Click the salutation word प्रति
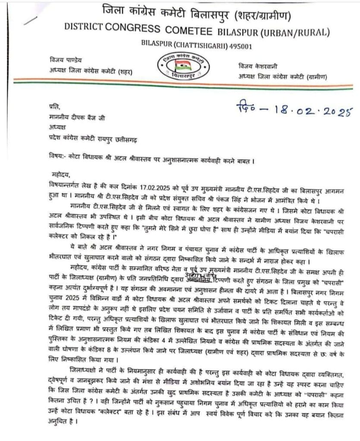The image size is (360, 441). click(x=55, y=107)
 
